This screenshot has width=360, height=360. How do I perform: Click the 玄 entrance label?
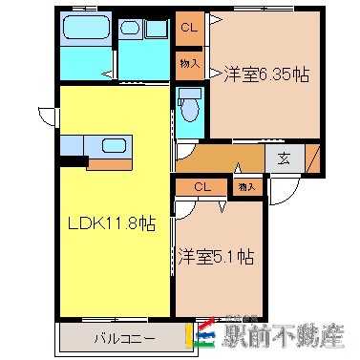click(284, 159)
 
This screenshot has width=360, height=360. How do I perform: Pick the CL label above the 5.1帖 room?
click(201, 187)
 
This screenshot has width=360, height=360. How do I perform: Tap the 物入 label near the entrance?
click(245, 187)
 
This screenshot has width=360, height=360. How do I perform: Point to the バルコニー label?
click(119, 338)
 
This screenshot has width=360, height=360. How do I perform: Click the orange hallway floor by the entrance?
click(220, 156)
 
